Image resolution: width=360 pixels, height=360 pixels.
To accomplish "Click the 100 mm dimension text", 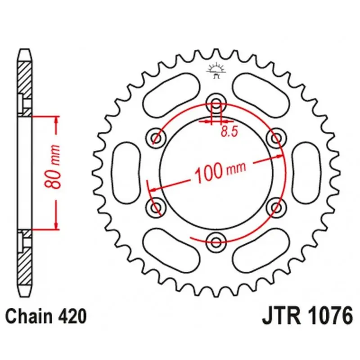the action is (x=220, y=172).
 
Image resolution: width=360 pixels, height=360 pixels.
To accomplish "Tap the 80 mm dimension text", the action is (x=53, y=166).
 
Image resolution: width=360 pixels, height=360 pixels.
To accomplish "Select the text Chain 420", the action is (x=46, y=317).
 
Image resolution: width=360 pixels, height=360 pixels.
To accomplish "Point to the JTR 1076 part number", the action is (x=307, y=316).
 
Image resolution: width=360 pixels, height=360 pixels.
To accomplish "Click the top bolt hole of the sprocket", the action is (x=216, y=103).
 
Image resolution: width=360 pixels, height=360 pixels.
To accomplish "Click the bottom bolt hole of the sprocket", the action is (x=216, y=242).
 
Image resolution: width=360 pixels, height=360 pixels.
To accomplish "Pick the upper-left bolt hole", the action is (x=156, y=138).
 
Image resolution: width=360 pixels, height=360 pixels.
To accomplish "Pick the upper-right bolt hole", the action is (x=277, y=138).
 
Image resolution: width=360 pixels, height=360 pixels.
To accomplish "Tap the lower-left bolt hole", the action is (x=156, y=207).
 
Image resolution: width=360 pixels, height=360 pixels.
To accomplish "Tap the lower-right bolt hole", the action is (x=277, y=207).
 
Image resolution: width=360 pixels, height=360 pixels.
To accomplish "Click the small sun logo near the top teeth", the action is (x=216, y=71).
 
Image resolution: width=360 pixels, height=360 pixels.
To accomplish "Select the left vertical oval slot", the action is (x=126, y=173).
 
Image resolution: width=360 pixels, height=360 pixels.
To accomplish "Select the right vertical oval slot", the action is (x=306, y=173).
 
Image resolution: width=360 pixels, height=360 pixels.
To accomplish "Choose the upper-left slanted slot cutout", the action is (x=171, y=95).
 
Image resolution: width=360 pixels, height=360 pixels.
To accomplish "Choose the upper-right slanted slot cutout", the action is (x=261, y=95).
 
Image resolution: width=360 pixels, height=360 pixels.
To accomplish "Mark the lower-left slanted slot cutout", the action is (x=171, y=250).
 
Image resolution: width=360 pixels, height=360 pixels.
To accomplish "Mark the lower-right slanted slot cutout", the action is (x=261, y=250).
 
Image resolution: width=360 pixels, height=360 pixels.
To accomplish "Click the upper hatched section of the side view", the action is (x=25, y=89).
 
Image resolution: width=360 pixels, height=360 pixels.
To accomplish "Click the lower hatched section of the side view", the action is (x=25, y=257).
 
